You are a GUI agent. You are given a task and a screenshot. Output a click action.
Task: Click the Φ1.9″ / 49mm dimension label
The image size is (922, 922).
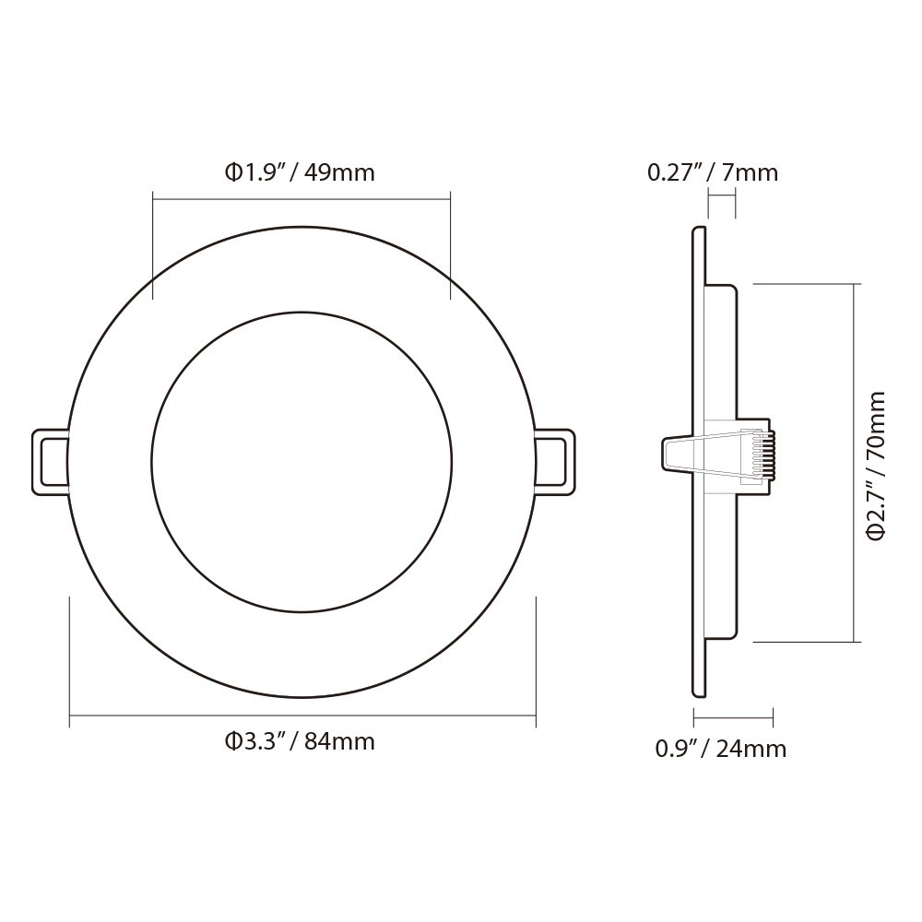coord(301,172)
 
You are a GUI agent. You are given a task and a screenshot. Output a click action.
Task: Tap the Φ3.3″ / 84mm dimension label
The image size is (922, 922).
coord(301,741)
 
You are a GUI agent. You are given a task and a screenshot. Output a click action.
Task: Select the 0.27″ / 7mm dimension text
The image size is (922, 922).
coord(713,172)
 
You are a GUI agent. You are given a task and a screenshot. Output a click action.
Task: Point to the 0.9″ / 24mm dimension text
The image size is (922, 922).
coord(721,749)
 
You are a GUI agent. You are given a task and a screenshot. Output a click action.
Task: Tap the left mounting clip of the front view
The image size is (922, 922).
coord(51,462)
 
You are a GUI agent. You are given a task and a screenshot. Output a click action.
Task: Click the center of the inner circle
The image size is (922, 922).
coord(301,462)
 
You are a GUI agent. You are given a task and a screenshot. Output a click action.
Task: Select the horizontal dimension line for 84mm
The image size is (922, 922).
coord(302,714)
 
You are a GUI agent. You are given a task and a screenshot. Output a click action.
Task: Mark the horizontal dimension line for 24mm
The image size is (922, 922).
coord(733,717)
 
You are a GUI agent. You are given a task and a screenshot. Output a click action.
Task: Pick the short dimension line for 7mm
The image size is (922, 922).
coord(721,195)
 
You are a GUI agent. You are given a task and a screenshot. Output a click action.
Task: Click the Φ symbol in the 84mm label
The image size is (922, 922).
coord(233,741)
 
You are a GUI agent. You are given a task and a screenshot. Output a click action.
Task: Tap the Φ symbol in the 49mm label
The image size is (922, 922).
coord(233,172)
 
